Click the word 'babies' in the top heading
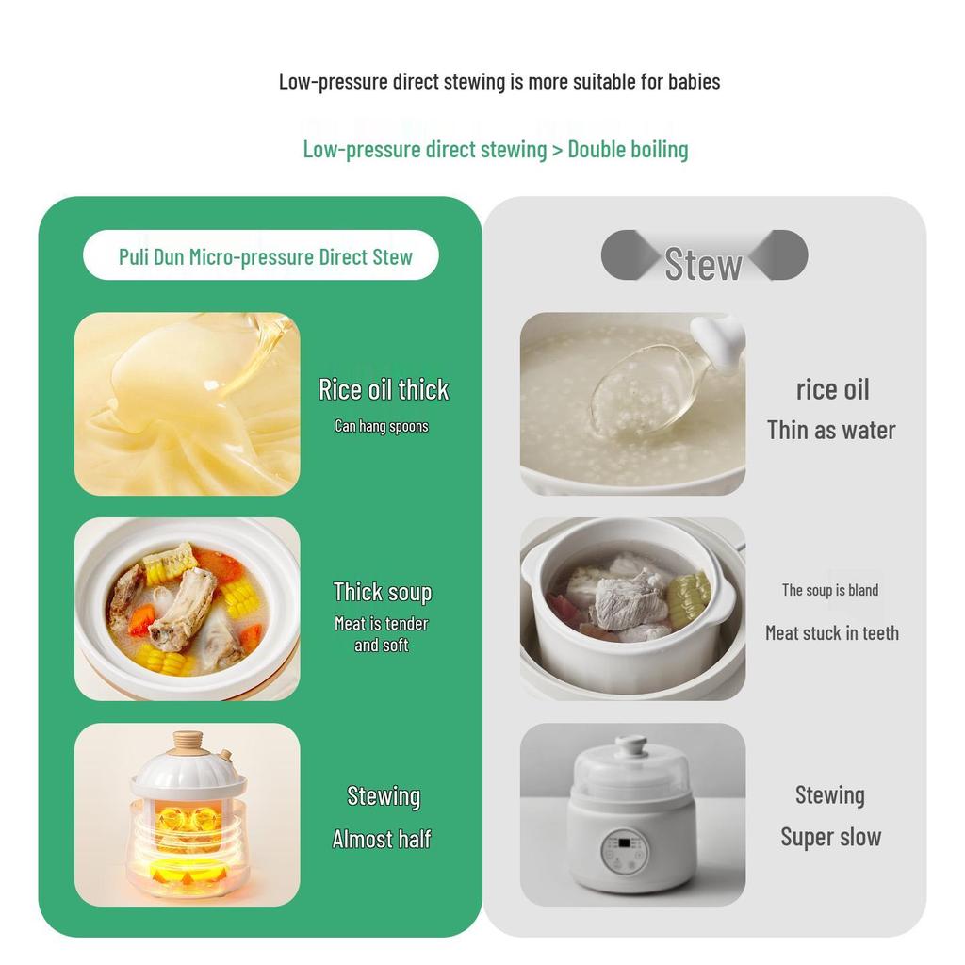[x=694, y=81]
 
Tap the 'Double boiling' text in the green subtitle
[x=628, y=150]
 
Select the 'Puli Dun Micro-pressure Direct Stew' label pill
[x=261, y=255]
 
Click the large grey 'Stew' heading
[x=703, y=265]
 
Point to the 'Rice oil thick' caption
[x=384, y=389]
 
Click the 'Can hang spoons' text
[x=382, y=426]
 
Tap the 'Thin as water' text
[x=831, y=430]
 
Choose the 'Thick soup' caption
[x=383, y=592]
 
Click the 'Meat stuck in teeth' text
[x=832, y=632]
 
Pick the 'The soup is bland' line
[x=830, y=590]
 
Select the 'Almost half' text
[x=382, y=839]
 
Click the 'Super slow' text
[x=831, y=837]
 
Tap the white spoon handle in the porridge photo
[x=718, y=340]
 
